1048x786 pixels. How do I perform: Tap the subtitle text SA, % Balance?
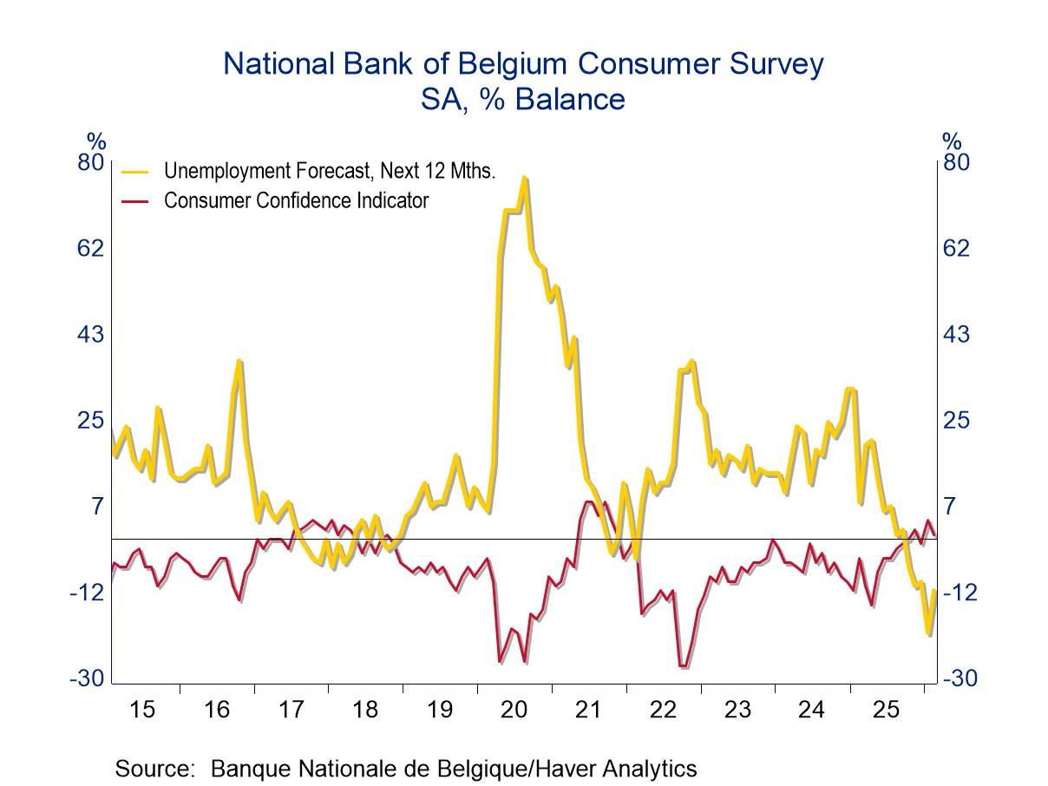pos(522,99)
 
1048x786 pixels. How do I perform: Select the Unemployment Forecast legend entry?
pos(329,171)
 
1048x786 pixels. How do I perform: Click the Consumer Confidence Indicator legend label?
pos(296,200)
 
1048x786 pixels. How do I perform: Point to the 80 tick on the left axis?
pos(92,162)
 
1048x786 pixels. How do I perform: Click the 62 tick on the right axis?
pos(956,248)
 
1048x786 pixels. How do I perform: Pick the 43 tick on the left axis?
pos(92,334)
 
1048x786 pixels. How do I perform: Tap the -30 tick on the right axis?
pos(960,678)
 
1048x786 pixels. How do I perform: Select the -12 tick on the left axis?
pos(88,592)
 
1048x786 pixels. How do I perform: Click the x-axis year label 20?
pos(514,710)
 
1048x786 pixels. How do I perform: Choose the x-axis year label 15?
pos(142,710)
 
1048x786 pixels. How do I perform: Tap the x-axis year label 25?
pos(885,710)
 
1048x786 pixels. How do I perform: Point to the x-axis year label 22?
pos(663,710)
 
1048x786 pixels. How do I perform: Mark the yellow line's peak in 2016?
pos(239,362)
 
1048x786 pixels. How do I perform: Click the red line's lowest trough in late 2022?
pos(683,666)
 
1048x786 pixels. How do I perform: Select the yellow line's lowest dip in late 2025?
pos(928,634)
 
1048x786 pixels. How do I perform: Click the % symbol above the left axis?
pos(95,141)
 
